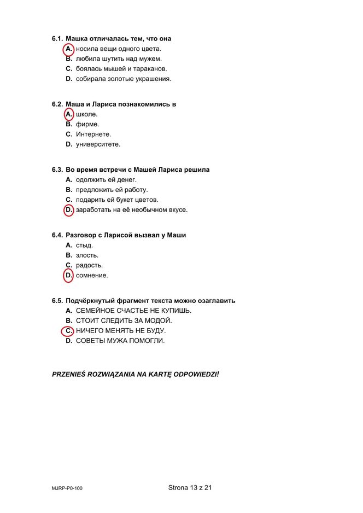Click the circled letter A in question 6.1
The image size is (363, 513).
pyautogui.click(x=68, y=49)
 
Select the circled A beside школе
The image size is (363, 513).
pyautogui.click(x=68, y=114)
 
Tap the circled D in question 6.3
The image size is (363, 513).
pyautogui.click(x=68, y=210)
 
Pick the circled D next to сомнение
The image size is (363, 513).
pyautogui.click(x=68, y=276)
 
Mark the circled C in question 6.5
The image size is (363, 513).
pyautogui.click(x=68, y=331)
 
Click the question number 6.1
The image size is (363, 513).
pyautogui.click(x=57, y=39)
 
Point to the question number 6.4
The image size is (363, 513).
pyautogui.click(x=57, y=235)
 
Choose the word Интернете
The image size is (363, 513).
pyautogui.click(x=93, y=135)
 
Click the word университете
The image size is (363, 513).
pyautogui.click(x=98, y=144)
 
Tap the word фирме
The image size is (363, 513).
pyautogui.click(x=87, y=124)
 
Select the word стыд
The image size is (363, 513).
pyautogui.click(x=84, y=246)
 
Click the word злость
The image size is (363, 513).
pyautogui.click(x=87, y=255)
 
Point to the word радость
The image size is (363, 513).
pyautogui.click(x=89, y=265)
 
